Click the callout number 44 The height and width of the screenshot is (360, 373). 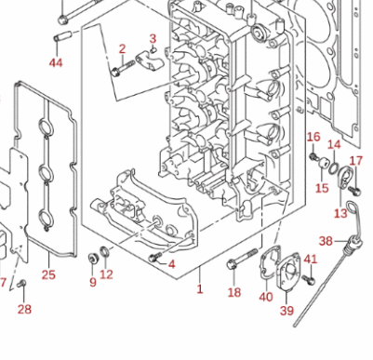(56, 62)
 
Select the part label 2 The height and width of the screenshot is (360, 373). (121, 48)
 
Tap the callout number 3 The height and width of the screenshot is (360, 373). (153, 38)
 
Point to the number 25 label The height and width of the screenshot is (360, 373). (49, 274)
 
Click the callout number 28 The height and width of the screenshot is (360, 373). (25, 309)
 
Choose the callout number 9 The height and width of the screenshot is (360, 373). (92, 283)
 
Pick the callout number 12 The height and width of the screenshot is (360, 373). (107, 274)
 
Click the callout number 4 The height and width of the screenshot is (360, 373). (171, 264)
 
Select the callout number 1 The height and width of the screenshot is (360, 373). (199, 289)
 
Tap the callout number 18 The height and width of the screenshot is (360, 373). (234, 292)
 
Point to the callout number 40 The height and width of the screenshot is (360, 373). (266, 297)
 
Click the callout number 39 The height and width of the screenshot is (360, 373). (286, 310)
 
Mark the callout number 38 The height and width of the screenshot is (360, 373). (326, 240)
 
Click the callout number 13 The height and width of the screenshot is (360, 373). (340, 213)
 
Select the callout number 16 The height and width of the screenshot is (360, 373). (313, 137)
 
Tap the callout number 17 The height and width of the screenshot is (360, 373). (355, 160)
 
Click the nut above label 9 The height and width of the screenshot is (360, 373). (93, 257)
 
